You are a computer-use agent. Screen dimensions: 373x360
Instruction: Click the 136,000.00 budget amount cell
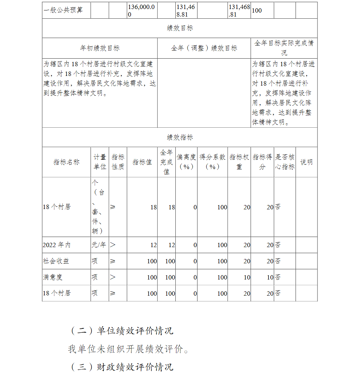pos(142,10)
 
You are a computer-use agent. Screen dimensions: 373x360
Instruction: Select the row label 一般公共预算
pos(63,10)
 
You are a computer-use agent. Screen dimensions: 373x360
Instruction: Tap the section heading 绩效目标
pos(180,28)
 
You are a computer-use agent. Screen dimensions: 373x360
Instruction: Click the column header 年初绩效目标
pos(100,48)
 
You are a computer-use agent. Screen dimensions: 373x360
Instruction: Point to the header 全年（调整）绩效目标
pos(204,48)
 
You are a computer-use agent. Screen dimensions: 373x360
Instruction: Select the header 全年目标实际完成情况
pos(284,48)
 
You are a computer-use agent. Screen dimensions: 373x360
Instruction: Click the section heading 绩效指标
pos(180,137)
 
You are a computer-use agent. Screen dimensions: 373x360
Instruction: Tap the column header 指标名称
pos(66,162)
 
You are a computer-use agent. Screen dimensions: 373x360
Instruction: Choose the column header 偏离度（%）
pos(186,162)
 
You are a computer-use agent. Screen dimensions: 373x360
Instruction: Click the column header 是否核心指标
pos(285,162)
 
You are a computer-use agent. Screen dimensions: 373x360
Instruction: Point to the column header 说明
pos(306,162)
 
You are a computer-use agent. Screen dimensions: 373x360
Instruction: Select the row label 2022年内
pos(57,245)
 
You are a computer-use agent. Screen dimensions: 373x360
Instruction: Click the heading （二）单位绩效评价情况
pos(121,331)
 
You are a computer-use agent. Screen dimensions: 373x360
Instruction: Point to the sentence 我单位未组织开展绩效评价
pos(128,349)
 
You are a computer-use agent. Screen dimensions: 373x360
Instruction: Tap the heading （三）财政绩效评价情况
pos(121,367)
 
